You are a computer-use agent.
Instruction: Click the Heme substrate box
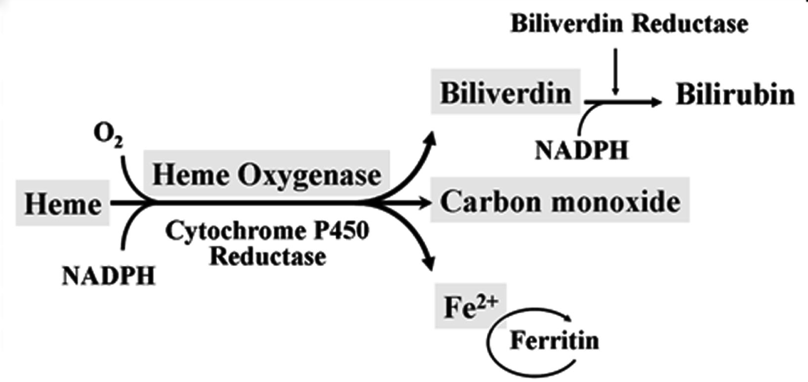pos(63,203)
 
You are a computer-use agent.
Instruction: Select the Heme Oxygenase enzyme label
pos(267,175)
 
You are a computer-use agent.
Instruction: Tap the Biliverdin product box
pos(506,92)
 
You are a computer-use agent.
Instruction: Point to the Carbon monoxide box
pos(560,201)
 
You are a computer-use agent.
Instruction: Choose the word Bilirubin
pos(735,94)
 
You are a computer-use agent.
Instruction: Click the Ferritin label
pos(554,340)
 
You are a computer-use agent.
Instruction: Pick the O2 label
pos(108,135)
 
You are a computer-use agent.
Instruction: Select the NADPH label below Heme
pos(108,275)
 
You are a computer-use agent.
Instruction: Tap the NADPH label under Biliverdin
pos(581,150)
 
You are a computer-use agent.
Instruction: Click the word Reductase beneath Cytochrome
pos(268,256)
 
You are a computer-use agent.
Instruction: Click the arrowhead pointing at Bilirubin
pos(656,102)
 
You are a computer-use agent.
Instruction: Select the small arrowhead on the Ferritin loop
pos(568,319)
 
